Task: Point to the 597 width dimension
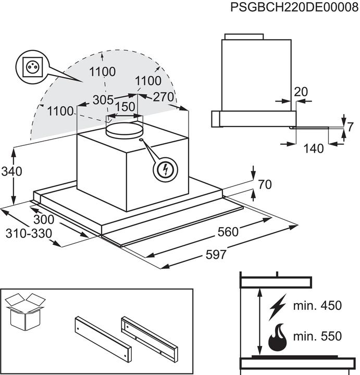pos(216,255)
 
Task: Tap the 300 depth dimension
pos(44,220)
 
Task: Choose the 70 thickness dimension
pos(265,185)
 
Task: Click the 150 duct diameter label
pos(125,107)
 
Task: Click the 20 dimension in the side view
pos(301,92)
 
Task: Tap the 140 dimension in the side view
pos(313,148)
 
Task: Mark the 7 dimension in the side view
pos(350,127)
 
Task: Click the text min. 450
pos(317,305)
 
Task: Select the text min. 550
pos(317,337)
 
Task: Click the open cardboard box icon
pos(25,311)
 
